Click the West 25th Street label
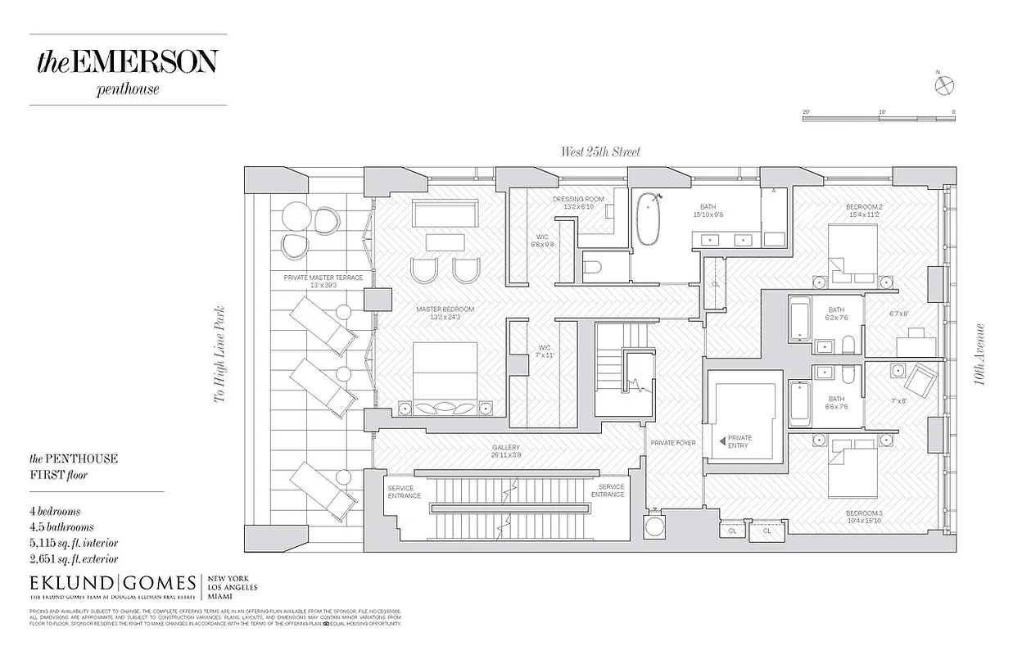(600, 151)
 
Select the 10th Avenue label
(980, 356)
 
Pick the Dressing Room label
(577, 202)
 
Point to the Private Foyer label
(673, 443)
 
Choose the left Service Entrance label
(404, 491)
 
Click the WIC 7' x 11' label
(545, 351)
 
